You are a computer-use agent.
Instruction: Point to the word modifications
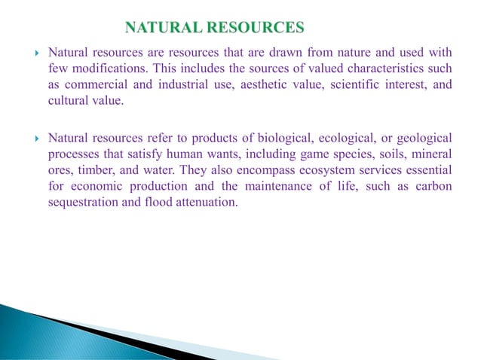[x=97, y=69]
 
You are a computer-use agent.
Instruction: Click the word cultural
[x=64, y=102]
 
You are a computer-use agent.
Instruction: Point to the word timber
[x=87, y=170]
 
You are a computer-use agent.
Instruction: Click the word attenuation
[x=204, y=202]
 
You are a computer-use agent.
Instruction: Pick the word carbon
[x=432, y=186]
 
